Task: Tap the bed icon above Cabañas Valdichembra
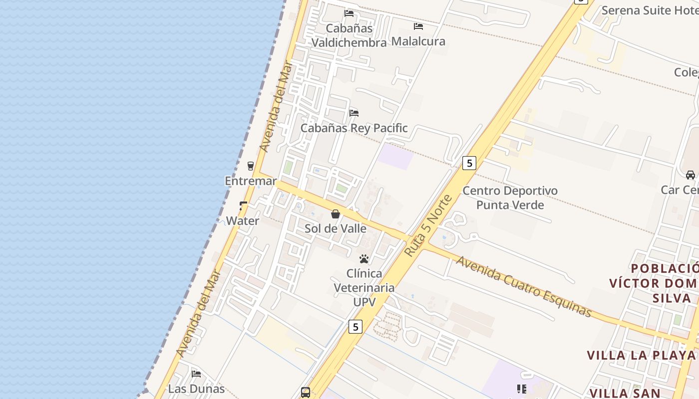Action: click(x=349, y=13)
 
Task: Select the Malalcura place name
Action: click(x=418, y=41)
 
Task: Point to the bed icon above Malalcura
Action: click(x=418, y=26)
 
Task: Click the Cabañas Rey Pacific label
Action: click(x=354, y=128)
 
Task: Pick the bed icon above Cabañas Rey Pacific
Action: click(x=354, y=113)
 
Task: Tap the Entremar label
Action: click(x=251, y=181)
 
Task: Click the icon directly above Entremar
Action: click(x=251, y=166)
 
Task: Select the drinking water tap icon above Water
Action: click(x=243, y=205)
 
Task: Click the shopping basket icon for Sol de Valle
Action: click(x=336, y=214)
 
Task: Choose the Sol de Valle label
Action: click(x=336, y=229)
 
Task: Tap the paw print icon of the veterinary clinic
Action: click(x=364, y=259)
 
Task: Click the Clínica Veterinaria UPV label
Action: click(x=364, y=288)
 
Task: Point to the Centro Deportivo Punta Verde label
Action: click(x=510, y=198)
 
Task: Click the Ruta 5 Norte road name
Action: click(x=428, y=226)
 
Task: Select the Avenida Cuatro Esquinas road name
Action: click(x=524, y=287)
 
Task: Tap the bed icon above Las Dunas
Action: click(x=196, y=374)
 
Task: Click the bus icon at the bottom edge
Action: click(x=306, y=393)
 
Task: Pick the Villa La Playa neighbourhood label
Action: click(x=641, y=356)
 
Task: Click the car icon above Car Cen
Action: click(x=691, y=175)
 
